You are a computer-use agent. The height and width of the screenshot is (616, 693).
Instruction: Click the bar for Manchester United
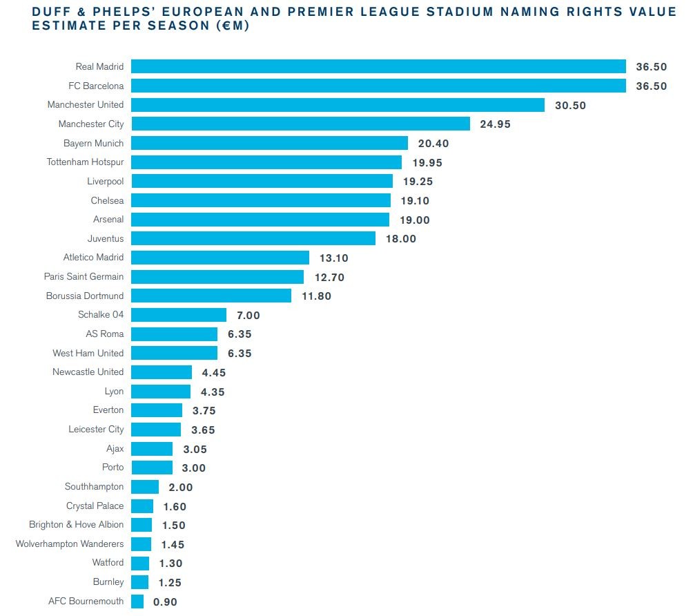[338, 105]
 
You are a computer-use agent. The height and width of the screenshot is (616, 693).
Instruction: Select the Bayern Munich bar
[269, 143]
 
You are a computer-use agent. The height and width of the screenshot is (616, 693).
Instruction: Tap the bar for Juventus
[253, 238]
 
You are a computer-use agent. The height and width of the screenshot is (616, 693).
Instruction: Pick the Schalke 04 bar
[178, 315]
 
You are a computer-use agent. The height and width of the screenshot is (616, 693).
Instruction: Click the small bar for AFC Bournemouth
[137, 601]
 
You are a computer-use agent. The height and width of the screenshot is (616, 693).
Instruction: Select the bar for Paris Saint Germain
[217, 277]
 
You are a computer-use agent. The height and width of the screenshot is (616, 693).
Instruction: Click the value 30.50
[570, 105]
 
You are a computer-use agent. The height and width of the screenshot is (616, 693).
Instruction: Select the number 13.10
[333, 258]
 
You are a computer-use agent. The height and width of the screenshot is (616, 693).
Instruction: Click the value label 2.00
[181, 488]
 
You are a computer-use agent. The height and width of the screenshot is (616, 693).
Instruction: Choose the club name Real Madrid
[99, 67]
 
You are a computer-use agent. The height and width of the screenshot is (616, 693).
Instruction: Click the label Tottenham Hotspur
[85, 162]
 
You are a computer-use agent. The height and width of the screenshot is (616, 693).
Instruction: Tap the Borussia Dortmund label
[85, 296]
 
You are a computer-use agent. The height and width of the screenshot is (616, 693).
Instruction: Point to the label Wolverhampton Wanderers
[70, 544]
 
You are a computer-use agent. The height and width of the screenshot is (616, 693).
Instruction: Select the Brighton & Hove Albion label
[77, 525]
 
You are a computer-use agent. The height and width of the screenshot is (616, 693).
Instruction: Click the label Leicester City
[96, 430]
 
